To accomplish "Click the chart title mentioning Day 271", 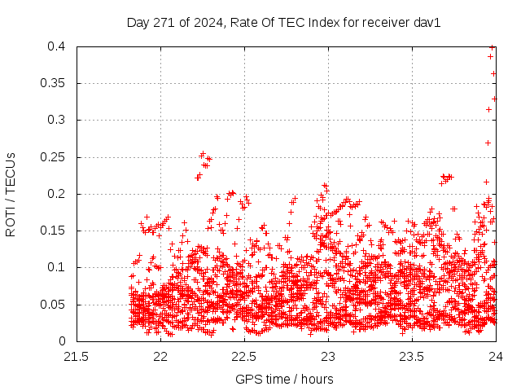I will pos(283,23).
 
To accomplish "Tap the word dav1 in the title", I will pos(427,23).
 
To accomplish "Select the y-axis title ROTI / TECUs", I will pos(11,194).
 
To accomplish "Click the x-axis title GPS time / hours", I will pos(284,379).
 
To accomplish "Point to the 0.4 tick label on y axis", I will pos(57,46).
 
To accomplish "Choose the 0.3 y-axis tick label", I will pos(57,120).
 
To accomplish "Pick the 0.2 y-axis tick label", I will pos(57,194).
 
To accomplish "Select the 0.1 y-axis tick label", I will pos(57,267).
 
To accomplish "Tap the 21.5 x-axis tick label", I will pos(77,356).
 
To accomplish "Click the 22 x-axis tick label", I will pos(160,356).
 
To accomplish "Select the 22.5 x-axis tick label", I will pos(244,356).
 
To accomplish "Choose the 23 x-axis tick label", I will pos(328,356).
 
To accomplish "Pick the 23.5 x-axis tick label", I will pos(412,356).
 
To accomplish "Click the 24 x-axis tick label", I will pos(496,356).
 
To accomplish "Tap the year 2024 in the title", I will pos(207,23).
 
